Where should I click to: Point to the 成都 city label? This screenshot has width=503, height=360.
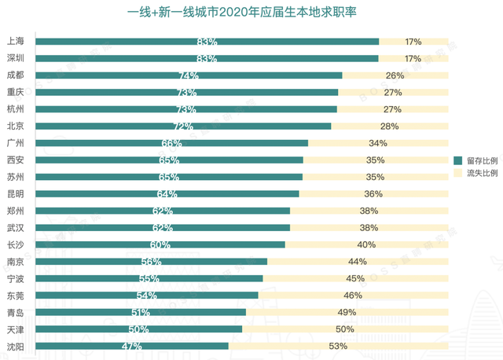[x=15, y=75]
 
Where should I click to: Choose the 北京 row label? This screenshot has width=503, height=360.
[x=15, y=126]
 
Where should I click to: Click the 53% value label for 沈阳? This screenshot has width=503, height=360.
[x=339, y=346]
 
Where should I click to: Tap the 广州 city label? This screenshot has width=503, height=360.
[x=15, y=143]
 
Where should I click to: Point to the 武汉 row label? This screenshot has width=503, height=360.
[x=15, y=227]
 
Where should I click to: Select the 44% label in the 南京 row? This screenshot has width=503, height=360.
[x=358, y=262]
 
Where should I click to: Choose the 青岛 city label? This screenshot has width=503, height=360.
[x=15, y=312]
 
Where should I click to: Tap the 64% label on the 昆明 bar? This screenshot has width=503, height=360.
[x=167, y=194]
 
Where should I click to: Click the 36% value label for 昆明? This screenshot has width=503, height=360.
[x=373, y=194]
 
